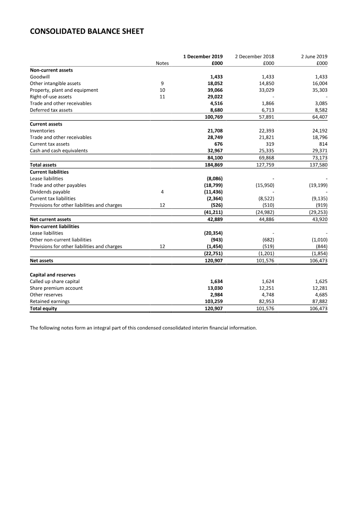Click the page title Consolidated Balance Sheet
point(87,31)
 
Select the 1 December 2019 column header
point(203,57)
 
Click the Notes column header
point(162,63)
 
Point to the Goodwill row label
point(40,77)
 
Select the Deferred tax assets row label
point(51,110)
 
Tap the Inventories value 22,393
point(265,131)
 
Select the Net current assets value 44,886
point(265,220)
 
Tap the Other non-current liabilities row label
point(60,240)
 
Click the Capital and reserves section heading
point(53,275)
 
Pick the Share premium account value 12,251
point(265,288)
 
